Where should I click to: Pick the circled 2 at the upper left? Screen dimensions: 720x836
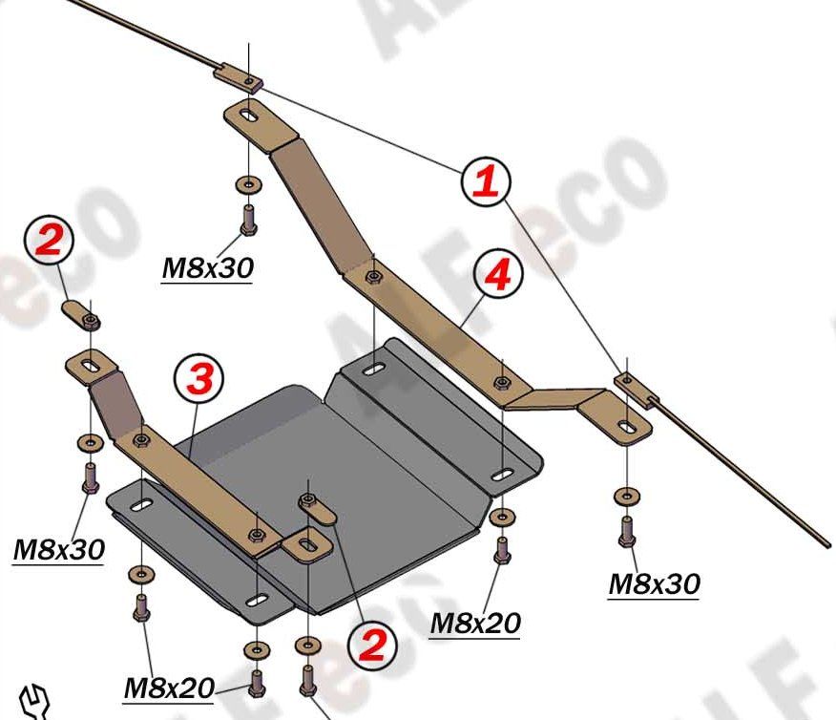50,240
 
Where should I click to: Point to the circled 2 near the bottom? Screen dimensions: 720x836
372,646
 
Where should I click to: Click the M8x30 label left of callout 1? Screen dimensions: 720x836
208,268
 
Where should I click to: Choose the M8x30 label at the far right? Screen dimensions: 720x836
654,583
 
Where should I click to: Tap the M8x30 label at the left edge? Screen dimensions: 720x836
57,549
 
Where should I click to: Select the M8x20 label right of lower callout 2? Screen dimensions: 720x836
475,624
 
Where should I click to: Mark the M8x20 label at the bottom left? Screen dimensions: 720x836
168,688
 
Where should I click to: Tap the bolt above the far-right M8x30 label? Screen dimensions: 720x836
627,530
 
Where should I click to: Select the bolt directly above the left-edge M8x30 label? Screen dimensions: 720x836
91,476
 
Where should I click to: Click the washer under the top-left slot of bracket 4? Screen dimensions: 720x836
247,183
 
